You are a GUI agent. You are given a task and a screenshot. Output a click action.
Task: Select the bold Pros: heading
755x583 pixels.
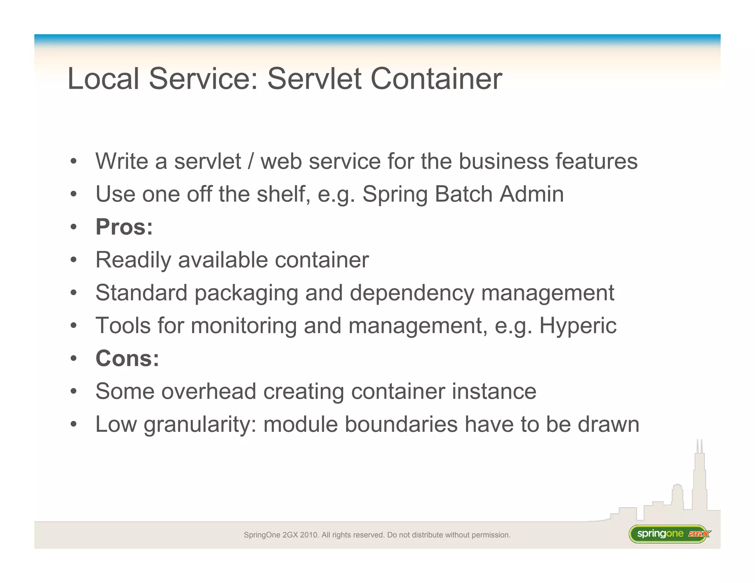click(124, 227)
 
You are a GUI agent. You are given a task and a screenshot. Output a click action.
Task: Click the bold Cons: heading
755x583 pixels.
click(127, 358)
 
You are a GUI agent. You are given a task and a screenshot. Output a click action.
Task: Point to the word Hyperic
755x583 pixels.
click(578, 326)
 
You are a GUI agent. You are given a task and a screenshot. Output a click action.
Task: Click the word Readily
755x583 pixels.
click(133, 260)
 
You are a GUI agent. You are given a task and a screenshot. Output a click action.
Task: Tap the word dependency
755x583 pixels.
click(411, 293)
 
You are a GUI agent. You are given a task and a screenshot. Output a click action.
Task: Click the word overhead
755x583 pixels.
click(209, 391)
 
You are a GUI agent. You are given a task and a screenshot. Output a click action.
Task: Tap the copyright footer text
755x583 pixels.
click(377, 535)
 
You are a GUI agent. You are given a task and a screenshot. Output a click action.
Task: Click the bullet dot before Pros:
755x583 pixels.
click(74, 227)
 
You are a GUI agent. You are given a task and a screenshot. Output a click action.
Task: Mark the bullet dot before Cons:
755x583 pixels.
click(74, 359)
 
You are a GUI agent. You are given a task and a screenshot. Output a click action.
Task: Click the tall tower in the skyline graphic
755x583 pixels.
click(699, 479)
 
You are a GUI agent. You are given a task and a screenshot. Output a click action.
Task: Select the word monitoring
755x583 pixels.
click(244, 326)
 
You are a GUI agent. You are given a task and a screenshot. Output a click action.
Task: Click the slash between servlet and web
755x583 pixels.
click(251, 161)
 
